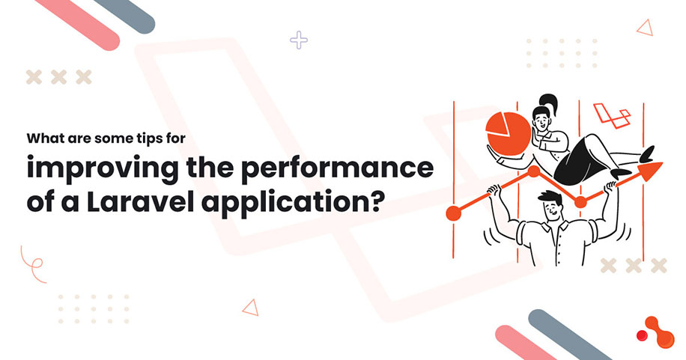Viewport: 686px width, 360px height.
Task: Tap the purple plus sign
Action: (x=299, y=40)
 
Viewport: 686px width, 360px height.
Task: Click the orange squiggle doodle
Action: (x=33, y=263)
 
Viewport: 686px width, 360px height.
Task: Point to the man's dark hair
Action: (x=551, y=199)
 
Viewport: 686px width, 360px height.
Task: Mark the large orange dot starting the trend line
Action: (x=453, y=213)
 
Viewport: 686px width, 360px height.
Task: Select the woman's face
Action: (x=541, y=120)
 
